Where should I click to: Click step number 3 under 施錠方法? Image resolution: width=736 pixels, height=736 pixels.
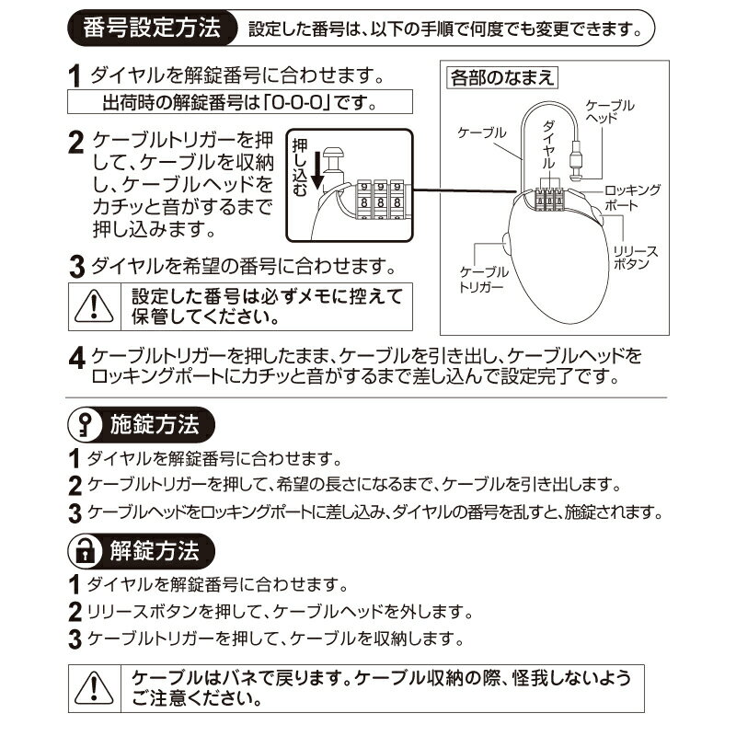pos(75,512)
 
